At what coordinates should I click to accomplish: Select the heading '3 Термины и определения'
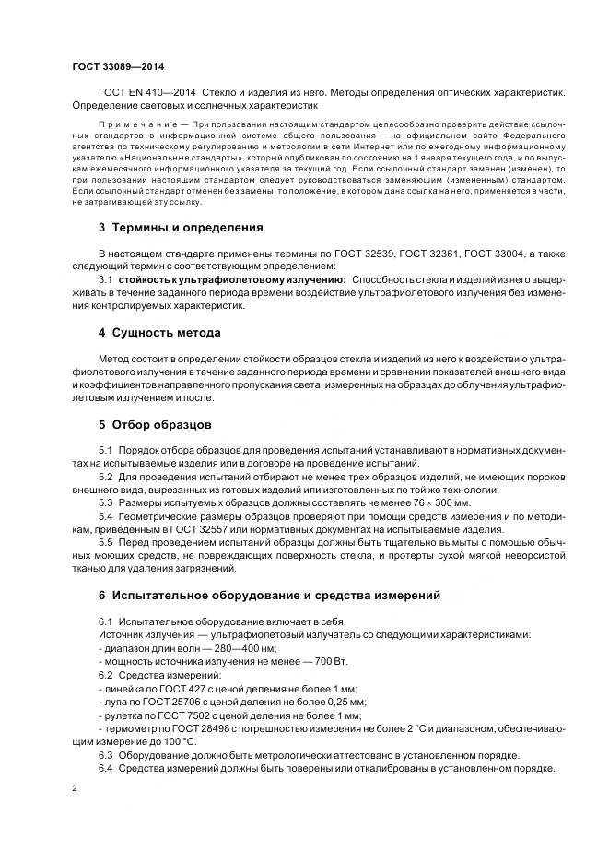(181, 227)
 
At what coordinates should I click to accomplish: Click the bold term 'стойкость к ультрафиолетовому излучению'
(232, 278)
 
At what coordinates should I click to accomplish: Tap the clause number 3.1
(105, 278)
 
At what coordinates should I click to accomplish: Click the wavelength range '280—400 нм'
(218, 650)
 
